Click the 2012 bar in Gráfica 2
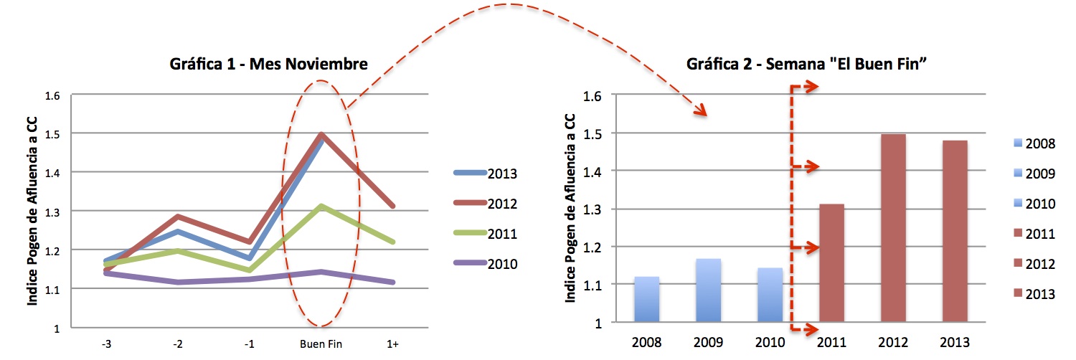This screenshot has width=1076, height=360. click(x=893, y=227)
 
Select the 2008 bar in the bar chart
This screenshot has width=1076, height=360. click(x=646, y=299)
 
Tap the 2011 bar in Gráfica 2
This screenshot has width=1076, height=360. click(x=831, y=262)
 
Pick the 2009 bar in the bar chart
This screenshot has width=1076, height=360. click(x=709, y=290)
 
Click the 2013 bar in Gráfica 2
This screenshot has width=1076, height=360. click(x=955, y=231)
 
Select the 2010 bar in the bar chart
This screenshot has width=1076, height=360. click(x=770, y=295)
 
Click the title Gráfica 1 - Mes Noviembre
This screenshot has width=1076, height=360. click(x=268, y=64)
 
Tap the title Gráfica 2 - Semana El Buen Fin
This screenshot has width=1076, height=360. click(x=806, y=64)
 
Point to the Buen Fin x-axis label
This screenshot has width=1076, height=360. click(x=321, y=344)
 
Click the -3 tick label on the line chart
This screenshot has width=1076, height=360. click(x=106, y=344)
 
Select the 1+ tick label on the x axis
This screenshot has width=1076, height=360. click(x=392, y=344)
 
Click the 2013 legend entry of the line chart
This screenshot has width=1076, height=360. click(x=486, y=174)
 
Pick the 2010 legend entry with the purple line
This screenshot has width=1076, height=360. click(x=486, y=263)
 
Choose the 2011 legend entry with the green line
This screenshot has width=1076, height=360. click(x=486, y=234)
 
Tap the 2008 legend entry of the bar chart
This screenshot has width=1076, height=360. click(x=1034, y=143)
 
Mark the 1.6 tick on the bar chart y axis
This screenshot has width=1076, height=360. click(x=592, y=96)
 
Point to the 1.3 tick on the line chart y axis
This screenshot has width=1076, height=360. click(x=52, y=212)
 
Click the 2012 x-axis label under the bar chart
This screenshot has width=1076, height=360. click(x=893, y=342)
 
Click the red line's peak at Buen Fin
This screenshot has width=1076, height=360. click(x=321, y=135)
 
